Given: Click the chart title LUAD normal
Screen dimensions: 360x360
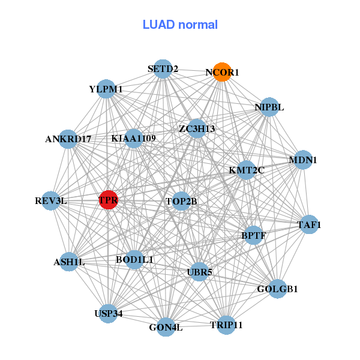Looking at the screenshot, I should coord(180,25).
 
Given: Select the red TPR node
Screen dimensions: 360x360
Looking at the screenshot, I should coord(108,200).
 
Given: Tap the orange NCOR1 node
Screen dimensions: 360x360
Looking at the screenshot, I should coord(223,72).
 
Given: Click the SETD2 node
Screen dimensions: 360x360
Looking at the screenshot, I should coord(163,69).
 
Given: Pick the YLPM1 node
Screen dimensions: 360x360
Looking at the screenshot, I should coord(106,89).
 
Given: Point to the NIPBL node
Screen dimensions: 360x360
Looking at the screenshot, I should coord(269,107).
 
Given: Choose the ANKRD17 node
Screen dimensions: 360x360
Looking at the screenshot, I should coord(68,139).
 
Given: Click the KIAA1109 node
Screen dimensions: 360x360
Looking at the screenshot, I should coord(134,139).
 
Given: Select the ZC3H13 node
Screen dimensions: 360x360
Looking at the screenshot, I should coord(197,128).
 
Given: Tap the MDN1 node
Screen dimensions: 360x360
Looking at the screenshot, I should coord(303,160).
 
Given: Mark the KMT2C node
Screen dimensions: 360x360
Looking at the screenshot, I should coord(246,170).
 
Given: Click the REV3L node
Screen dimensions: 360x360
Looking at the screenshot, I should coord(51,200).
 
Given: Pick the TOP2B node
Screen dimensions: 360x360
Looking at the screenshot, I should coord(181,201).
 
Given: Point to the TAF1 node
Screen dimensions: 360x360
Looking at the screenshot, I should coord(309,225).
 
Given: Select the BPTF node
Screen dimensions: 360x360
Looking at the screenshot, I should coord(253,236).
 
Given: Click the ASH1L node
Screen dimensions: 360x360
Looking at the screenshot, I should coord(70,262).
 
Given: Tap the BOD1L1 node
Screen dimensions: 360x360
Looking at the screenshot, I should coord(135,260).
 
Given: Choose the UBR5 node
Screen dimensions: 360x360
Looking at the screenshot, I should coord(200,272).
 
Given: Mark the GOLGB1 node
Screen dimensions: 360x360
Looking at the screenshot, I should coord(277,289).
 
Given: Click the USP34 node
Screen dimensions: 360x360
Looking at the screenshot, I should coord(108,313).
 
